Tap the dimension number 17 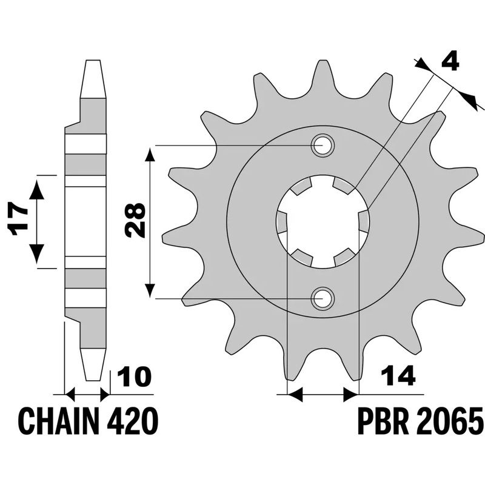pyautogui.click(x=19, y=220)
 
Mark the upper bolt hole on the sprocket pyautogui.click(x=322, y=145)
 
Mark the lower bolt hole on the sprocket pyautogui.click(x=322, y=298)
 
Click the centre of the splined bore pyautogui.click(x=322, y=222)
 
